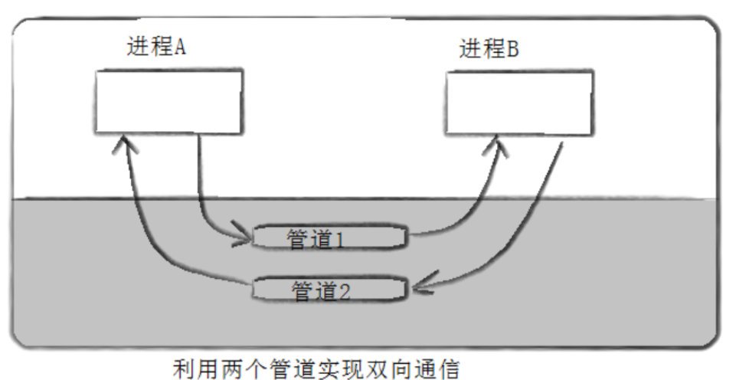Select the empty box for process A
coord(168,101)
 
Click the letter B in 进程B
coord(512,50)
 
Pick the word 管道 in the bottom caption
coord(299,370)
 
